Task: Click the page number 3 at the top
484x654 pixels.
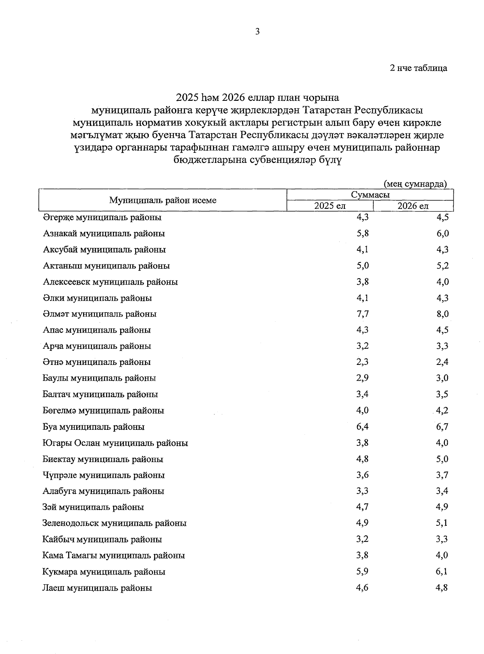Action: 257,32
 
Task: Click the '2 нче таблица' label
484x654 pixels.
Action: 418,68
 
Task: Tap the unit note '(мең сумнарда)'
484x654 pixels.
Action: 415,184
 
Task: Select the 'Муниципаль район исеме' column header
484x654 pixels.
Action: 163,200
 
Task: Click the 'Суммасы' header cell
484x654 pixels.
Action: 370,195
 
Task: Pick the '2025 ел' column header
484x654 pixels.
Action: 330,206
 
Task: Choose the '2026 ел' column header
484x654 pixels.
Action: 413,206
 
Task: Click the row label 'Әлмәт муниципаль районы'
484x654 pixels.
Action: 100,314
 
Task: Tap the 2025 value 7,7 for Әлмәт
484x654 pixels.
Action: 362,314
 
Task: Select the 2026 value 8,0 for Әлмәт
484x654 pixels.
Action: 442,314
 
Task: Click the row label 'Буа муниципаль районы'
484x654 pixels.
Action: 94,427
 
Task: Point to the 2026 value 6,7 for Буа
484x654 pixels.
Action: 442,427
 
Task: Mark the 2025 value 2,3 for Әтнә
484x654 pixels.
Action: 362,362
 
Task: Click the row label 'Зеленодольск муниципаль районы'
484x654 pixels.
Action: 114,523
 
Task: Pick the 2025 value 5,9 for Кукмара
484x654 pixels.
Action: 362,571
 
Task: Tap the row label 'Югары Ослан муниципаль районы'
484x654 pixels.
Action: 115,443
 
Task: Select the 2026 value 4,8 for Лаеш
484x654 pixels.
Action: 442,588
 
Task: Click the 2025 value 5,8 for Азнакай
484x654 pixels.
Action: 362,233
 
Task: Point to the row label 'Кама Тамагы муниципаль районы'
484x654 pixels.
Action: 113,556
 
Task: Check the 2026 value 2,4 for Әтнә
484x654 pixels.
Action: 442,362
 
